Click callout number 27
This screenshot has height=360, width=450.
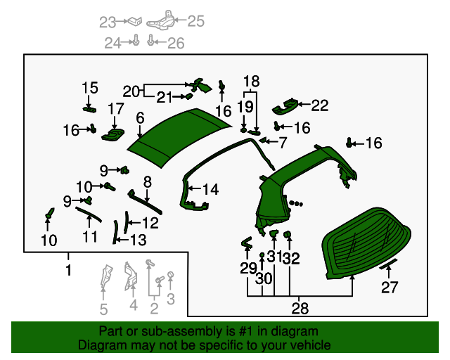tap(390, 287)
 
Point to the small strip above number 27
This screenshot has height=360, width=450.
tap(388, 265)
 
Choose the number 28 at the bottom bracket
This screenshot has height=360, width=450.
tap(301, 309)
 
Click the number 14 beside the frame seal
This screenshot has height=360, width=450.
tap(210, 189)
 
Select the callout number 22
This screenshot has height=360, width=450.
tap(320, 105)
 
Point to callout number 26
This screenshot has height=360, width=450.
tap(176, 44)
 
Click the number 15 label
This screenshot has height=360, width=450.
tap(90, 88)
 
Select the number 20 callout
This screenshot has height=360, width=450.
tap(131, 91)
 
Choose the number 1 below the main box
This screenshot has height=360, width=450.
tap(68, 271)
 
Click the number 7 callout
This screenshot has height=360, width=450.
tap(282, 143)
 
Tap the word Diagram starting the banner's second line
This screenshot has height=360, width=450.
tap(101, 345)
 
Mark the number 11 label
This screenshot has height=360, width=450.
tap(90, 237)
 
